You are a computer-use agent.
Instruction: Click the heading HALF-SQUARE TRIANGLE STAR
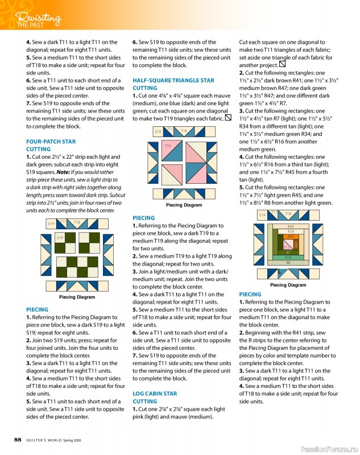point(173,81)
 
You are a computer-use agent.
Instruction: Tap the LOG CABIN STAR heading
point(155,394)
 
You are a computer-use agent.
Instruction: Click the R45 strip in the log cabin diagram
point(291,226)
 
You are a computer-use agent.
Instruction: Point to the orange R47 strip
point(291,236)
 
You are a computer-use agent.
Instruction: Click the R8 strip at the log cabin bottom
point(288,263)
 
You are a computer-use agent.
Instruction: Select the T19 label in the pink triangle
point(168,147)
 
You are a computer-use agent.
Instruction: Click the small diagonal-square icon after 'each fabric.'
point(228,118)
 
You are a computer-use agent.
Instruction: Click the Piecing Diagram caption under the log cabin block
point(288,285)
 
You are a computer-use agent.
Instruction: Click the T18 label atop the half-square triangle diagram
point(184,131)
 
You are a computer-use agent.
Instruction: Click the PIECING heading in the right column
point(250,294)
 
